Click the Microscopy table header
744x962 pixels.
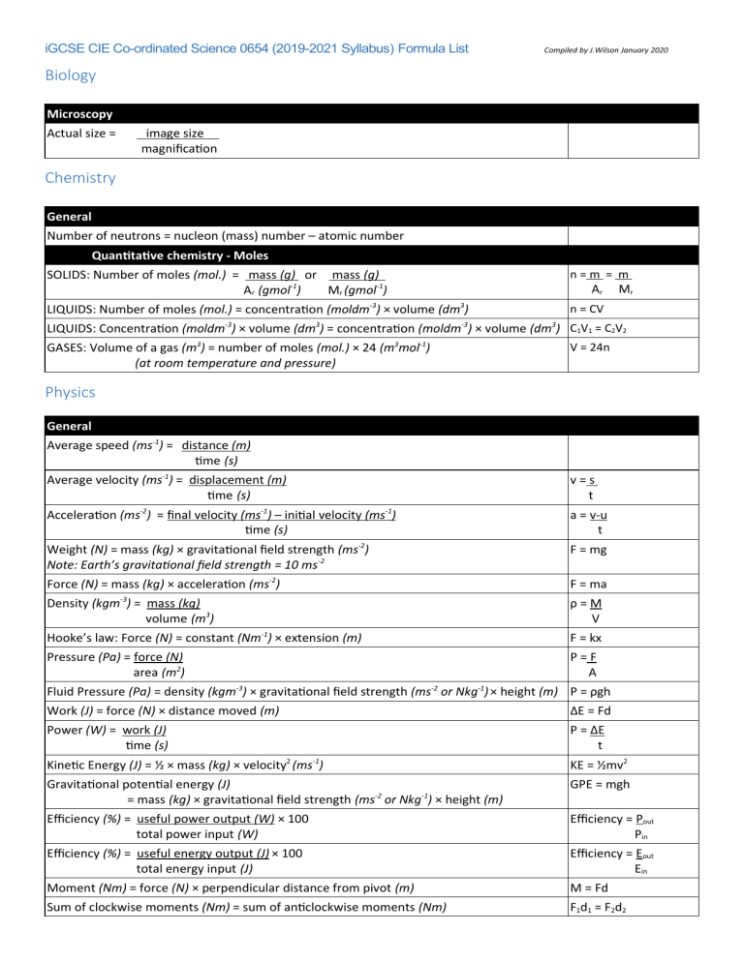point(78,114)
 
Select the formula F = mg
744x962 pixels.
point(592,551)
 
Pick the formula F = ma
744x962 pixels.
point(592,585)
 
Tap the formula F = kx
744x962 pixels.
point(591,639)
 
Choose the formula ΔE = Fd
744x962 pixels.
point(594,710)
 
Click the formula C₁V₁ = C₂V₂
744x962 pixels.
point(604,328)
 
